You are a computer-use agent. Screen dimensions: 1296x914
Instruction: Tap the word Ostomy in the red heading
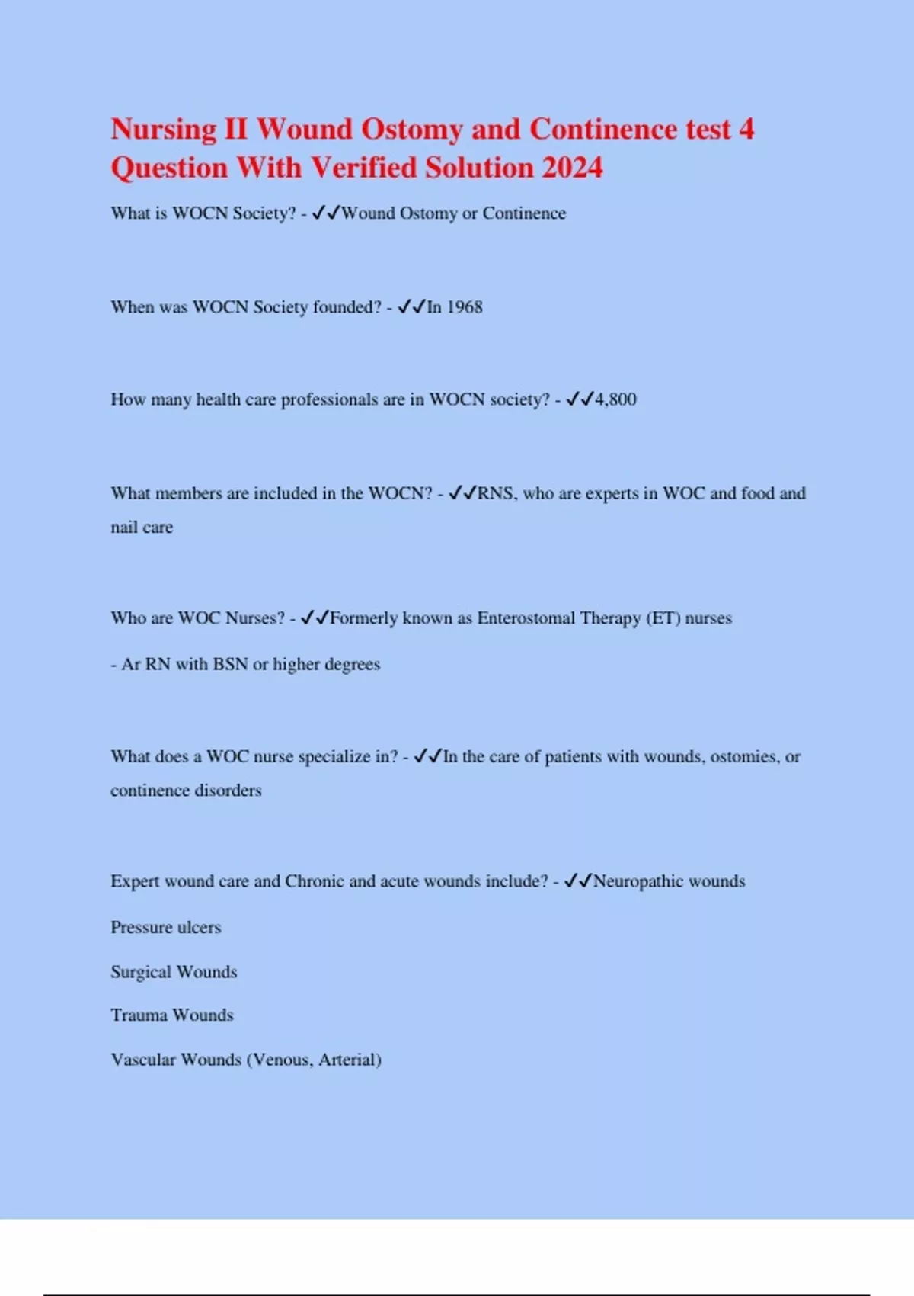[411, 130]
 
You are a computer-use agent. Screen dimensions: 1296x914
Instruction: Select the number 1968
[465, 307]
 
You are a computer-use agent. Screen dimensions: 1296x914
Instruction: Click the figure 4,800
[615, 399]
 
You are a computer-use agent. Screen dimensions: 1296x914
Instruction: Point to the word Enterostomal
[526, 618]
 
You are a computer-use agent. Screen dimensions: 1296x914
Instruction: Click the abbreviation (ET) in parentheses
[663, 618]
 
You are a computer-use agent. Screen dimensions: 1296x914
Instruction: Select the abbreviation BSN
[230, 665]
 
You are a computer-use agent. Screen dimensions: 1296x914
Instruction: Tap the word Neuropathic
[638, 881]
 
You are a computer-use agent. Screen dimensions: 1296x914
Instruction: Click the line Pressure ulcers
[166, 928]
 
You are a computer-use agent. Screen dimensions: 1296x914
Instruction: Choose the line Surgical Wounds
[174, 972]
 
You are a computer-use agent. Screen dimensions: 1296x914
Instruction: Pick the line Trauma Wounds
[172, 1015]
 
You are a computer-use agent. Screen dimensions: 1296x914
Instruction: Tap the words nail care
[142, 528]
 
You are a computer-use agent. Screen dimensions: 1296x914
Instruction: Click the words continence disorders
[186, 791]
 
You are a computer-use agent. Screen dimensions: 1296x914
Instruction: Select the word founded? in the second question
[347, 307]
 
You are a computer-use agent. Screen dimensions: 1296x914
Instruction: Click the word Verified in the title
[364, 168]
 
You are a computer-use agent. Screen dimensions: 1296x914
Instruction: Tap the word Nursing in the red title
[164, 130]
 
